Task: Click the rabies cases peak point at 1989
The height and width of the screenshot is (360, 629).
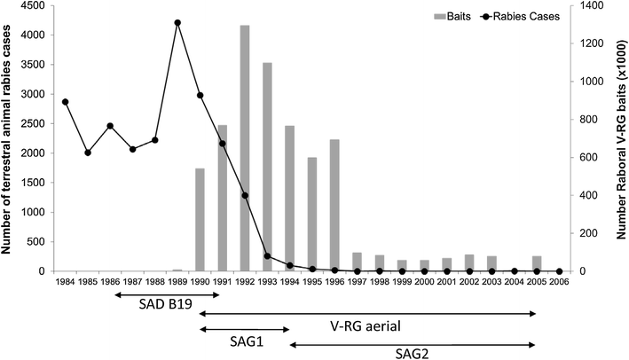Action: (177, 23)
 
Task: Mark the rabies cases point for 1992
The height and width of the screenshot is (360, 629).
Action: (245, 195)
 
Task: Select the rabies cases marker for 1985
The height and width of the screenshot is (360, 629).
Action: (88, 153)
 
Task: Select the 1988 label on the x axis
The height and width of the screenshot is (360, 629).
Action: (155, 284)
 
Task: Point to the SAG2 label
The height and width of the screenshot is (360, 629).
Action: (413, 352)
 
